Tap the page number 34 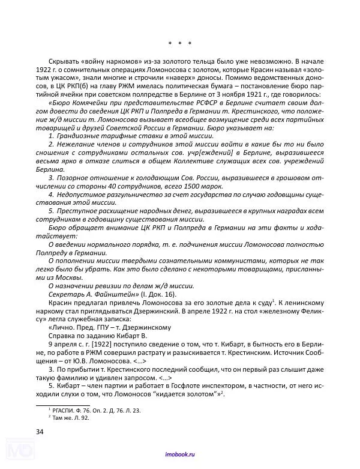pos(40,431)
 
